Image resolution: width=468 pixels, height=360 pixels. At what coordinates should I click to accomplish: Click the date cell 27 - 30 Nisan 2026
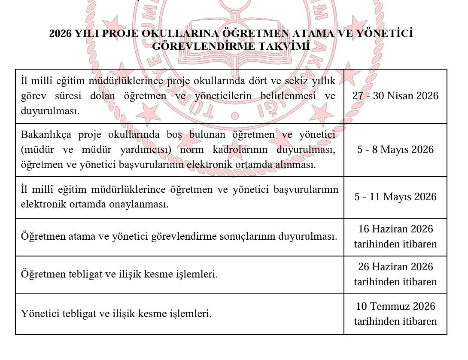395,95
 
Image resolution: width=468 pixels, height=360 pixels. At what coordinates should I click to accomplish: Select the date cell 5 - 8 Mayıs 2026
395,149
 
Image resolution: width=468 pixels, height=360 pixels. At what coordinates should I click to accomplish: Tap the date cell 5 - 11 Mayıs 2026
395,197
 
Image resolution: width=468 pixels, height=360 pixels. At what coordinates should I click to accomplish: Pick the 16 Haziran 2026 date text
395,229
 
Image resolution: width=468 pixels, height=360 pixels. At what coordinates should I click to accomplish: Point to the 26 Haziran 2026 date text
395,267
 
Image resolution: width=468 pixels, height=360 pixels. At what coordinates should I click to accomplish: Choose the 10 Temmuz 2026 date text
395,306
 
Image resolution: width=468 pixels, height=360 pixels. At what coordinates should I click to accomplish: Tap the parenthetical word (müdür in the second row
37,150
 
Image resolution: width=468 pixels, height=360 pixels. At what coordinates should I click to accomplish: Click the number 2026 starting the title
61,34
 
